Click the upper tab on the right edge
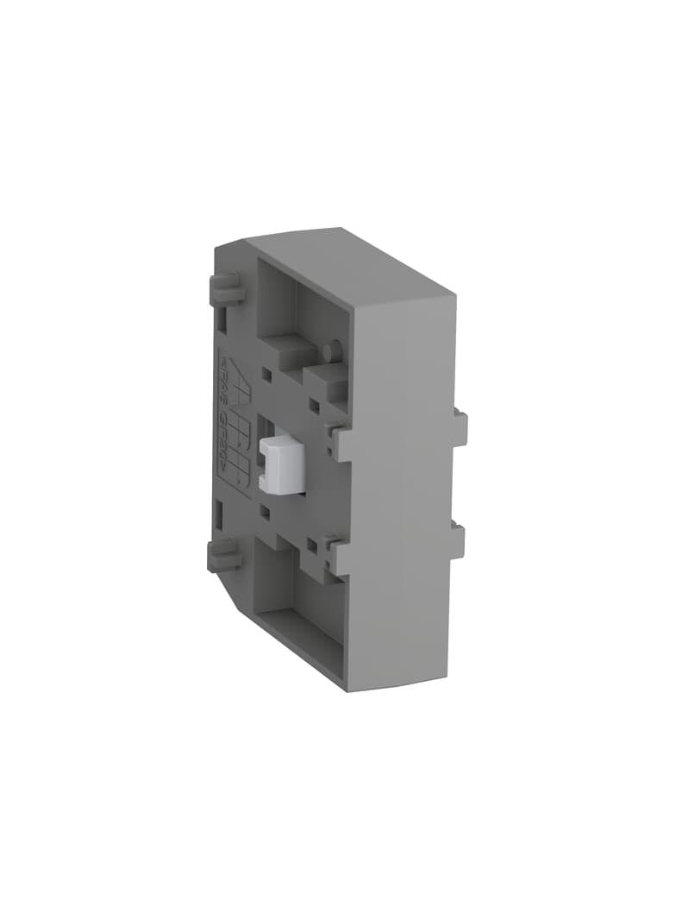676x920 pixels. (x=460, y=428)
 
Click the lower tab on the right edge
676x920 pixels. (x=457, y=541)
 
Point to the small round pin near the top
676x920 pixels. (x=333, y=351)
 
